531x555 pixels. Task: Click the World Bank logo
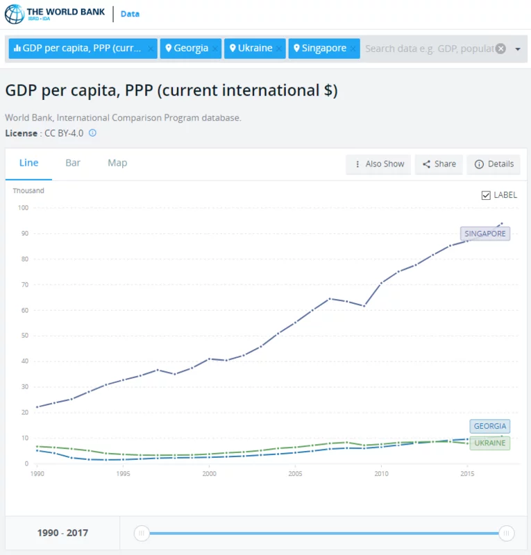point(56,14)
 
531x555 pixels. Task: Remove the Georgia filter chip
point(215,49)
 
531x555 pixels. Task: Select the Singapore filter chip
point(319,49)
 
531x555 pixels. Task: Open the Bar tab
point(73,163)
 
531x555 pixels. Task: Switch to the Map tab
point(117,163)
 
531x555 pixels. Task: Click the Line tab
point(28,163)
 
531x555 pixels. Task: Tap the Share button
point(440,164)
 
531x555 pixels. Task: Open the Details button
point(494,164)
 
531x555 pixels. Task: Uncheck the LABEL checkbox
point(486,195)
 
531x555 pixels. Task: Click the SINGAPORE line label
point(484,234)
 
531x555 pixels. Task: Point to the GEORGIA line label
point(490,426)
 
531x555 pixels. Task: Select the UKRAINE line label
point(490,443)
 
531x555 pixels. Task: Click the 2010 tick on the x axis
point(381,474)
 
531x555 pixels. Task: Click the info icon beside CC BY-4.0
point(92,133)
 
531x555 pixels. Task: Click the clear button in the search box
point(500,49)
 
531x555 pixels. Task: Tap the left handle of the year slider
point(142,533)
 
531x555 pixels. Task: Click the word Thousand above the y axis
point(28,191)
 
